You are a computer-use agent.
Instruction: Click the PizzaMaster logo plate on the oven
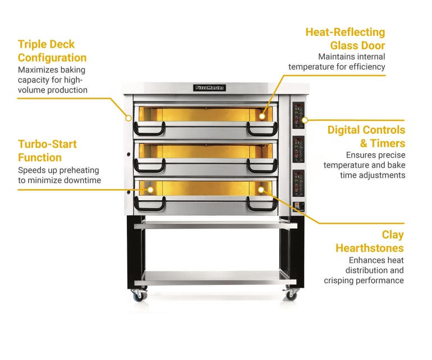[x=209, y=87]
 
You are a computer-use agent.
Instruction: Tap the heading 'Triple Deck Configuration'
[x=52, y=51]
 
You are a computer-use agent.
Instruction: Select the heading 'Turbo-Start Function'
[x=47, y=151]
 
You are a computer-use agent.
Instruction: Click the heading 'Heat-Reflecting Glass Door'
[x=345, y=39]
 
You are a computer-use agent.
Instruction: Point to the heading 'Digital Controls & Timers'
[x=366, y=136]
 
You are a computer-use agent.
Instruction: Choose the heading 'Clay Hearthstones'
[x=370, y=241]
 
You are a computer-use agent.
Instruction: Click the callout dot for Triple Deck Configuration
[x=128, y=118]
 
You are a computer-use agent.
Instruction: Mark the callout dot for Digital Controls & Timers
[x=305, y=119]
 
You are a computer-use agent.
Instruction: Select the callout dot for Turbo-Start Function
[x=150, y=190]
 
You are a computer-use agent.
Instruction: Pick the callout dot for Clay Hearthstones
[x=262, y=190]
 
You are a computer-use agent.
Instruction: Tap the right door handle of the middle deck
[x=262, y=167]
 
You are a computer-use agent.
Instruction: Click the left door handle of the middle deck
[x=148, y=167]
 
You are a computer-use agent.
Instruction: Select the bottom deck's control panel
[x=298, y=183]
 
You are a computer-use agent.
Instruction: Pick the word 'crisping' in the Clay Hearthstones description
[x=340, y=280]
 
